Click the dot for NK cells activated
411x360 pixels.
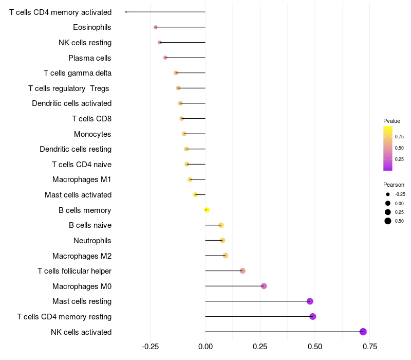(x=363, y=332)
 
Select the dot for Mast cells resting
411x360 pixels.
(x=310, y=301)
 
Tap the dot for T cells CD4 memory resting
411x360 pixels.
(x=313, y=316)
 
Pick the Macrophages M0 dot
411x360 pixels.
(x=264, y=286)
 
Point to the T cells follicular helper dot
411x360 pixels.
(x=242, y=271)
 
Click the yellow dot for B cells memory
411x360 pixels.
(x=207, y=210)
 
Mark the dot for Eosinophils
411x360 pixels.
(x=156, y=27)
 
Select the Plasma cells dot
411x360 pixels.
(x=165, y=58)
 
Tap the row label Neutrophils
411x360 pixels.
(x=92, y=240)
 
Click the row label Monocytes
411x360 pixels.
(x=92, y=134)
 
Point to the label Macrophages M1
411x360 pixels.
(x=82, y=179)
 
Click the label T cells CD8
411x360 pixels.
(x=92, y=119)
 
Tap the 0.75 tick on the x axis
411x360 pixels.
(x=369, y=347)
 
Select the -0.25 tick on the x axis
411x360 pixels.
(x=150, y=347)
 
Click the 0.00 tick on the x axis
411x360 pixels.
(x=205, y=347)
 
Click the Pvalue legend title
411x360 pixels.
(x=391, y=121)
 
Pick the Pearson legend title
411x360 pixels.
(x=394, y=185)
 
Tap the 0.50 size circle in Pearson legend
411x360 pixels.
(x=388, y=221)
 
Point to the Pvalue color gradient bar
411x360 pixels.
(x=388, y=148)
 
